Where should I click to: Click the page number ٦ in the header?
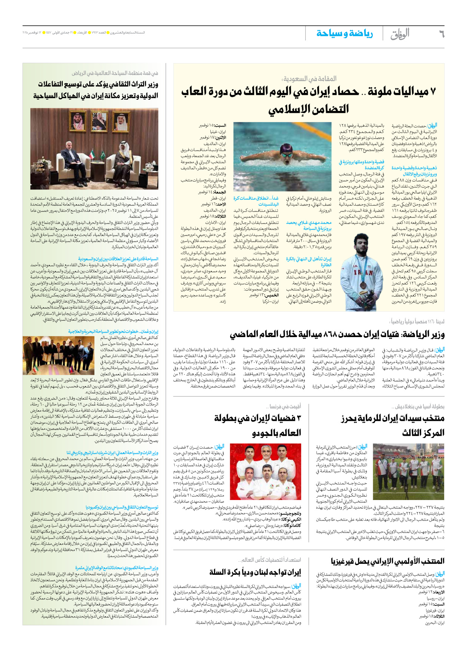click(x=441, y=34)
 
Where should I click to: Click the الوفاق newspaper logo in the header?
click(x=400, y=34)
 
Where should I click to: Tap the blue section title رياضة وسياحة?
click(x=344, y=34)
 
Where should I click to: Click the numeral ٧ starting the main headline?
click(x=433, y=92)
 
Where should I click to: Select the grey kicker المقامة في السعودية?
click(x=309, y=78)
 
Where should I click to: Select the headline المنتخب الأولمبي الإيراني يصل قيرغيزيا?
click(x=387, y=561)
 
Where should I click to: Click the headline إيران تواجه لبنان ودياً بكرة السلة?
click(x=255, y=572)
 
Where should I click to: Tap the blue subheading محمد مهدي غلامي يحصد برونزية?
click(x=309, y=225)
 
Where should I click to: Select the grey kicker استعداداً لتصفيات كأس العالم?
click(x=269, y=559)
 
